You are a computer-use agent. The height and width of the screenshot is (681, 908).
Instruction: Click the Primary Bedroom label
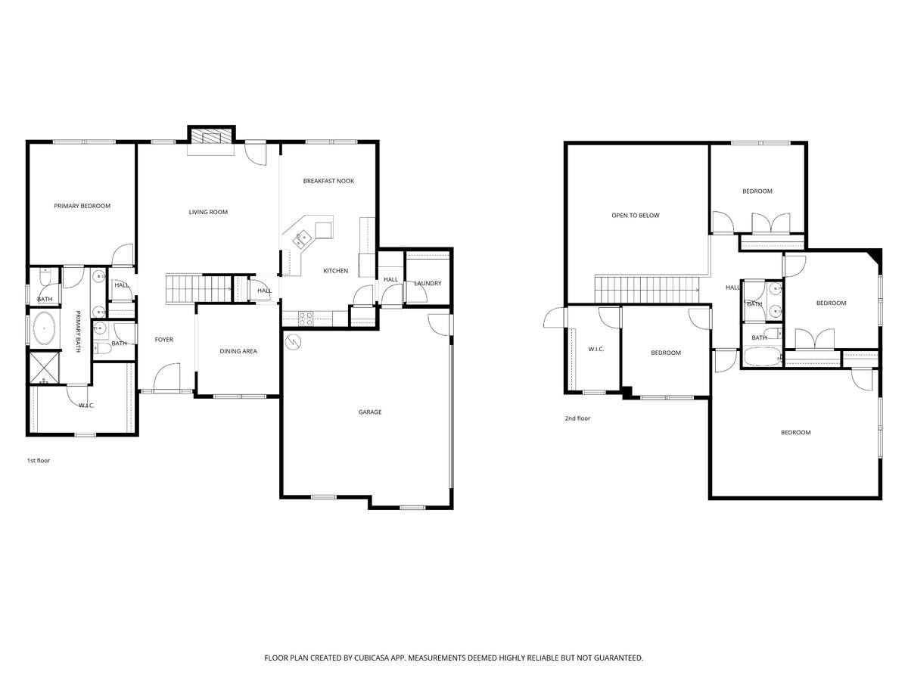82,206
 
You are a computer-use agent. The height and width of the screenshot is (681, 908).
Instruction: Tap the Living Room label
208,212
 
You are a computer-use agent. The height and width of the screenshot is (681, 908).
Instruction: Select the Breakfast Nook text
328,181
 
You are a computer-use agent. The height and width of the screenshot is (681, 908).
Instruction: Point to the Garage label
370,412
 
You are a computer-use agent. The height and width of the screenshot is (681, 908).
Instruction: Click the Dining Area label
238,351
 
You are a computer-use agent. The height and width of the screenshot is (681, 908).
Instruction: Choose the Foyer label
163,340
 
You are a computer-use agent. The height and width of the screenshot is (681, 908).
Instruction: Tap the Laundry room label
428,283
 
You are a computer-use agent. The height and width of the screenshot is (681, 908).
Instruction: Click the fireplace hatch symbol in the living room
210,136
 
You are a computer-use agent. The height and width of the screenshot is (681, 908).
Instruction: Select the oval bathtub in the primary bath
44,328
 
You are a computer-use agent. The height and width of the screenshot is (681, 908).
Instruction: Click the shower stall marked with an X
44,367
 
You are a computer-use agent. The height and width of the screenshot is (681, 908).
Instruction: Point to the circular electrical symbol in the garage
293,341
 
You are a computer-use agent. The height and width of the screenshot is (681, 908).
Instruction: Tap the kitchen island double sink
302,239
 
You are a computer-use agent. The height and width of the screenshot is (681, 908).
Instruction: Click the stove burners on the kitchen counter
306,319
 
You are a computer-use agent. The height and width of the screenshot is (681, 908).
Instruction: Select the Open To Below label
636,216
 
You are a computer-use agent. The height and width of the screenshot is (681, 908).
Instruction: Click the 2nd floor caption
577,418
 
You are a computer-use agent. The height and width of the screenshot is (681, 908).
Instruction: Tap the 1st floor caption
39,461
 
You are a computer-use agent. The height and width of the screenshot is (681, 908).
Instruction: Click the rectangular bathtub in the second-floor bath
762,356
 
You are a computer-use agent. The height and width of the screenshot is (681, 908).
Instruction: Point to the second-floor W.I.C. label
596,349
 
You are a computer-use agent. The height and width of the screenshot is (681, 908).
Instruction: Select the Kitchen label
335,271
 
